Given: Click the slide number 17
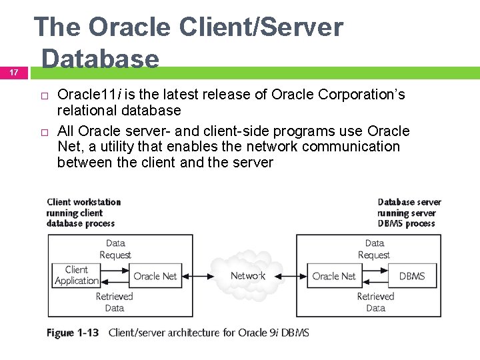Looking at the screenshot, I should [x=14, y=72].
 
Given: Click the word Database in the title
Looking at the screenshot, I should [x=100, y=59].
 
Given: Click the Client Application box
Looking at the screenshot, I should [x=76, y=275].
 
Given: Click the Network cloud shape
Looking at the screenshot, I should [x=247, y=275].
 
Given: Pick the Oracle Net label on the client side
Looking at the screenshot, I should [x=155, y=276].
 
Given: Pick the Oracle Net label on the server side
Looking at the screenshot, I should [x=334, y=276].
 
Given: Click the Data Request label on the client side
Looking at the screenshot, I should [x=115, y=249].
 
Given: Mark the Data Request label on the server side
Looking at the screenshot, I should [x=375, y=249].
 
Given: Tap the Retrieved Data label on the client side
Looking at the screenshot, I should [x=114, y=302].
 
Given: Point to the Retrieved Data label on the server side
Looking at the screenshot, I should [x=375, y=302].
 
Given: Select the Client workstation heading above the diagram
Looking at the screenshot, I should [x=84, y=202].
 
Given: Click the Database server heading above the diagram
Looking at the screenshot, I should [x=409, y=202].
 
